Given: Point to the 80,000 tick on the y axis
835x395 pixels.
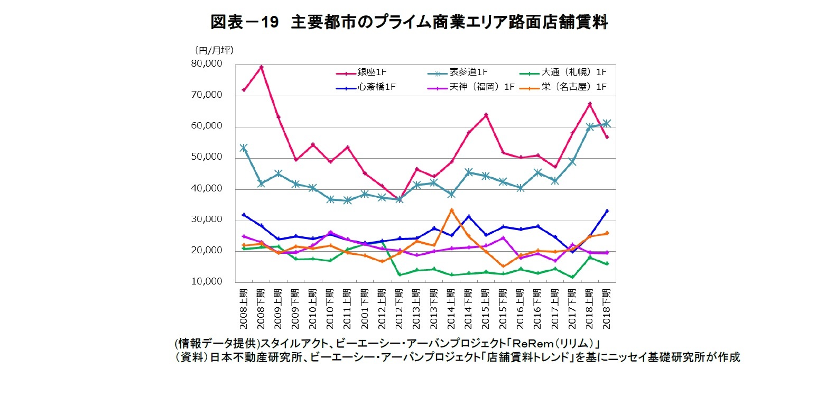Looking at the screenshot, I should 207,64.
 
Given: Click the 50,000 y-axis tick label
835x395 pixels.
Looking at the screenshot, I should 207,157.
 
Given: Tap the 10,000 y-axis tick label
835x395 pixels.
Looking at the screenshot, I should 207,282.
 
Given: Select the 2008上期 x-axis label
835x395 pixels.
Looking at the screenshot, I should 244,308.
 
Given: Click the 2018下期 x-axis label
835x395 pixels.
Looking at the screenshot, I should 607,308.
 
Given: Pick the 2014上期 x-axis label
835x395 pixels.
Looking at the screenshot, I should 451,308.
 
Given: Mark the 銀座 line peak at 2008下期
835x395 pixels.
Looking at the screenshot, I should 261,67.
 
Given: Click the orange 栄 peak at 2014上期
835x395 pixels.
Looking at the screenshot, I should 451,210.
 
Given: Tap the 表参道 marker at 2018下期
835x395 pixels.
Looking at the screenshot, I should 607,123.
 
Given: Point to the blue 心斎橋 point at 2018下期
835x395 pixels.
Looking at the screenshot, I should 607,211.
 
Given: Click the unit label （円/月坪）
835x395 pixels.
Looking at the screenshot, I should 214,50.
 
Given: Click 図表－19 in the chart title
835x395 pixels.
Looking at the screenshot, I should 244,22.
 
